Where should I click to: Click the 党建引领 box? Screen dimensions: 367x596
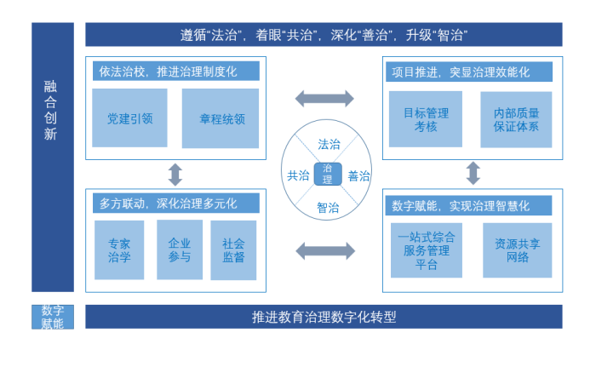click(x=130, y=118)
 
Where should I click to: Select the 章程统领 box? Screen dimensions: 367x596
click(x=220, y=118)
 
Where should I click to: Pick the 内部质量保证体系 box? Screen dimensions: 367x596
click(x=516, y=119)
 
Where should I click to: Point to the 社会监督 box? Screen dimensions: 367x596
click(x=233, y=249)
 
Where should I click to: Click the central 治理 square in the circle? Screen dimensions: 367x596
click(x=328, y=175)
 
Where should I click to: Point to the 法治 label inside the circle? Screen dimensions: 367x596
click(x=328, y=144)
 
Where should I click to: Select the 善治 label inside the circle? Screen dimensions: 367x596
click(x=358, y=176)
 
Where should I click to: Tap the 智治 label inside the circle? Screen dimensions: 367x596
click(x=328, y=207)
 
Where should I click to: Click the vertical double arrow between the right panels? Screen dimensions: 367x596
click(x=473, y=174)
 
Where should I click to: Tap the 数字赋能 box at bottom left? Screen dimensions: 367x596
click(x=53, y=317)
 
